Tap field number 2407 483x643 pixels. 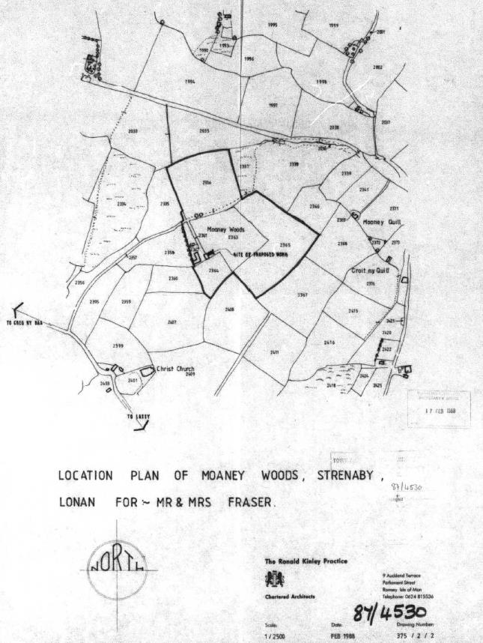coord(171,322)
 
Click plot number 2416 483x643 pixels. coord(329,342)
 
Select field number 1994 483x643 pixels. coord(190,80)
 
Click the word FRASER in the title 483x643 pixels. coord(255,502)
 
